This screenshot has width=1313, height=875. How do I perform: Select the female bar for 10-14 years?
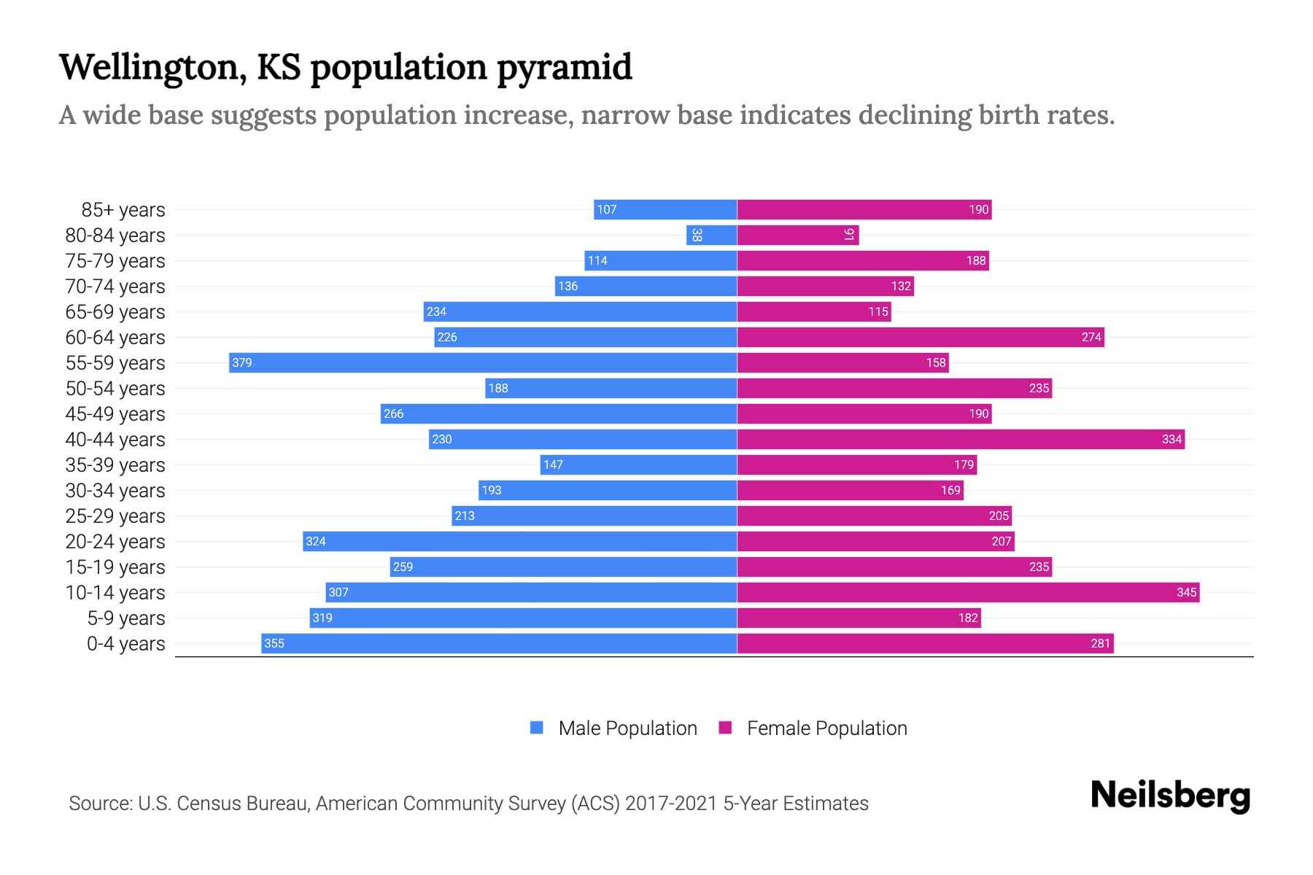[968, 592]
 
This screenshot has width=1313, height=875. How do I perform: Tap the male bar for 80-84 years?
[711, 235]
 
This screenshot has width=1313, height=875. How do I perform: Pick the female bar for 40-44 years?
[961, 439]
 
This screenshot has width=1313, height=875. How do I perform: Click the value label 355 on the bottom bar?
[274, 643]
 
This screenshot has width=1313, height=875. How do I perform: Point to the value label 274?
[1091, 337]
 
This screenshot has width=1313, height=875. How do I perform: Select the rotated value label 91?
[849, 235]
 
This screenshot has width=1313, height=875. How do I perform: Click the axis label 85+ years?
[123, 210]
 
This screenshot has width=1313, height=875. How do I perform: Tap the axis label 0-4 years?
[125, 644]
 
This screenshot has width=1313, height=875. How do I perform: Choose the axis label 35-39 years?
[115, 465]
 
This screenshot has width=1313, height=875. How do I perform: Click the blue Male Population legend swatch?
[537, 728]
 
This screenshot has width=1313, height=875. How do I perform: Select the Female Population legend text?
[826, 728]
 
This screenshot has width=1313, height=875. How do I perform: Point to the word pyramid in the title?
[565, 67]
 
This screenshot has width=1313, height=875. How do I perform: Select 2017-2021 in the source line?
[671, 804]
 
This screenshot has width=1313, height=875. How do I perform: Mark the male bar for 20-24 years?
[519, 541]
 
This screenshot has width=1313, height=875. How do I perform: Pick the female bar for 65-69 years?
[814, 311]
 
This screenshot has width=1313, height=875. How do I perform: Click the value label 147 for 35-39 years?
[553, 464]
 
